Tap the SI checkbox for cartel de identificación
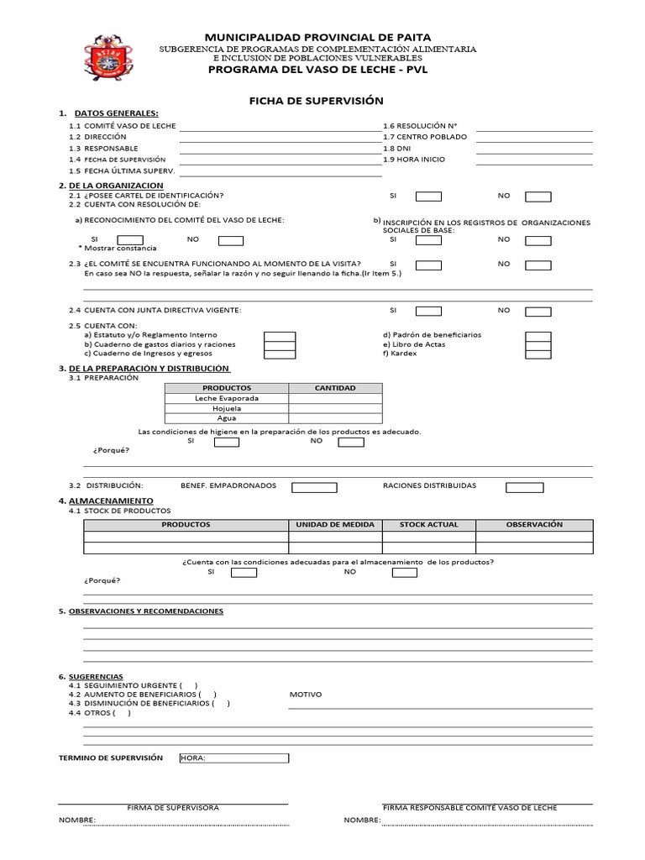[x=429, y=197]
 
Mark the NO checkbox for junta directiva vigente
[x=538, y=311]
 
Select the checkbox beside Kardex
[x=538, y=354]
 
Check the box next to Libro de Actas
[x=538, y=344]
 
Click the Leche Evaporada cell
[x=227, y=398]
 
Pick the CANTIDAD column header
[x=335, y=388]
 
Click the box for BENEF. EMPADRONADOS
[x=314, y=486]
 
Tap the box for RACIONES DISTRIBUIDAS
[x=524, y=486]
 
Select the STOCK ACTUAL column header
[x=429, y=525]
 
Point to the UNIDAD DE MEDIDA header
[x=335, y=525]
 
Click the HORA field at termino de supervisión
[x=233, y=758]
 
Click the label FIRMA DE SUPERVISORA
[x=173, y=808]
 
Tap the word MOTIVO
[x=305, y=695]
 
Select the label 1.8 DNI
[x=397, y=148]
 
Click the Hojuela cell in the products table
[x=227, y=408]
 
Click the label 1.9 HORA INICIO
[x=414, y=159]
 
